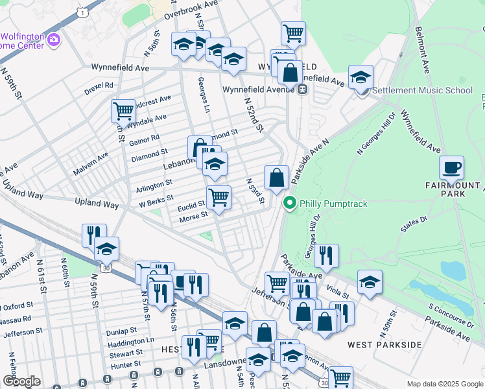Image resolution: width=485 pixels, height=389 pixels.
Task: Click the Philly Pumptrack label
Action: pyautogui.click(x=333, y=204)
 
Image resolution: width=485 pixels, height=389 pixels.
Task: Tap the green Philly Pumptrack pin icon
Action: pyautogui.click(x=290, y=204)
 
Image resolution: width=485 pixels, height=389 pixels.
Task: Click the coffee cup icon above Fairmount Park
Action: pyautogui.click(x=451, y=168)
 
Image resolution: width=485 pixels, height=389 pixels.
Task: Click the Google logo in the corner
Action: pyautogui.click(x=21, y=381)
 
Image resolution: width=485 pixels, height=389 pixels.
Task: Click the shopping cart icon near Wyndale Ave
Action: pyautogui.click(x=123, y=110)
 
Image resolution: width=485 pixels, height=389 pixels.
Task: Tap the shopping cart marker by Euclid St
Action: pyautogui.click(x=219, y=197)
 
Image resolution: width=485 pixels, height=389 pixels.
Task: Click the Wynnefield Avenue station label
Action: pyautogui.click(x=257, y=90)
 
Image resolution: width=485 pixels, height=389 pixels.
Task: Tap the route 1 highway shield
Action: pyautogui.click(x=82, y=12)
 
